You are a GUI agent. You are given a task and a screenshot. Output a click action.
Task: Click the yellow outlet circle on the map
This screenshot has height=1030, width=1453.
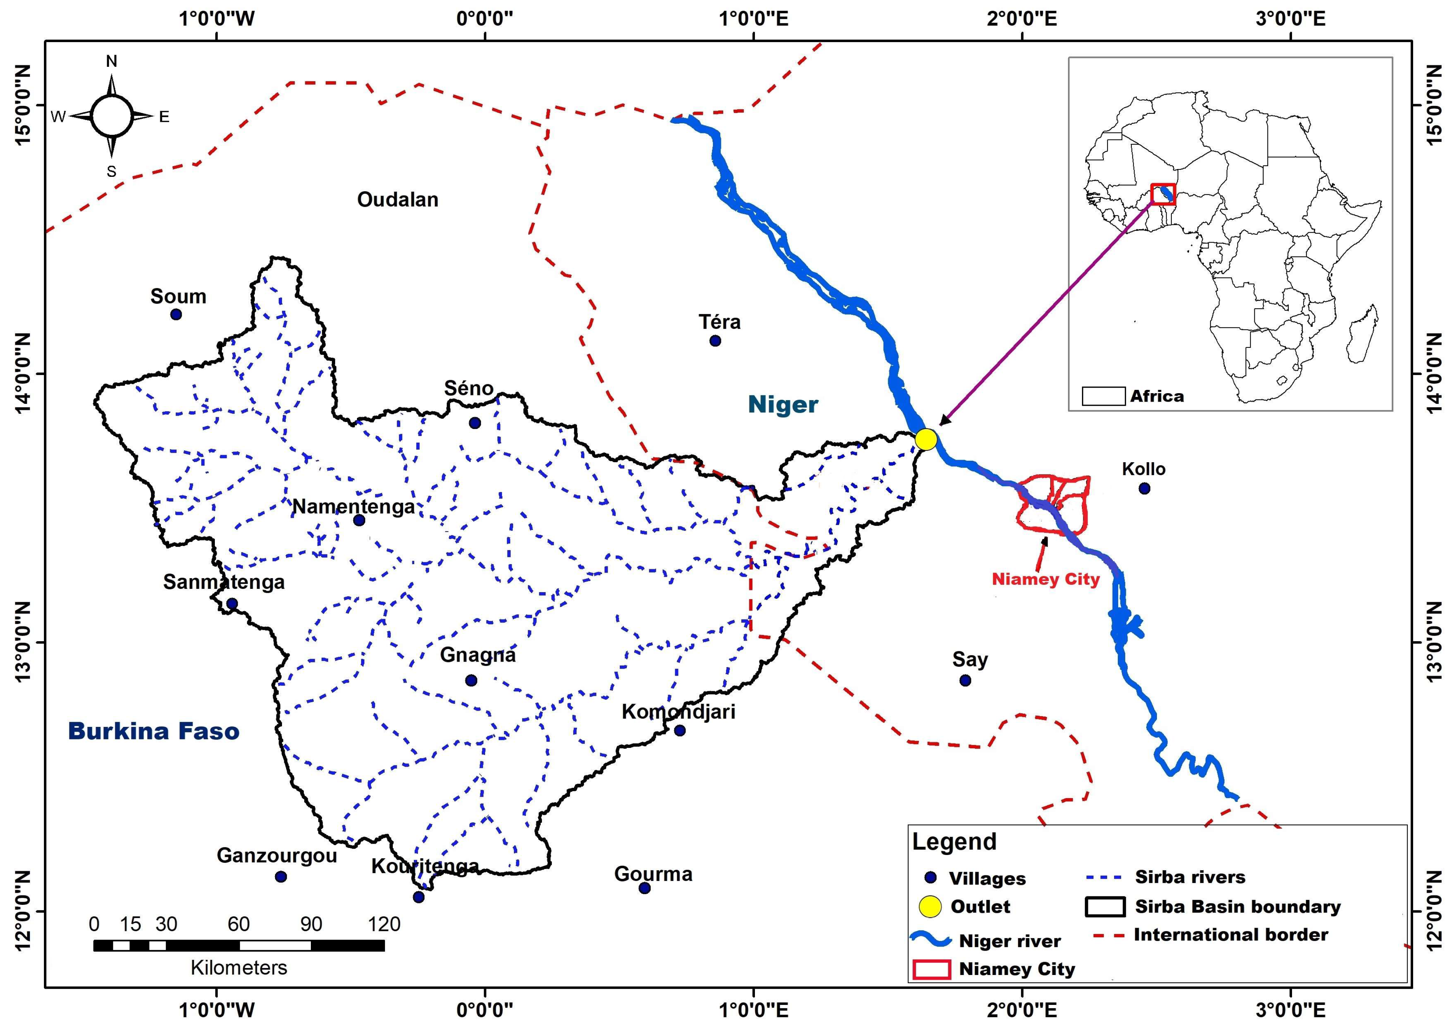pyautogui.click(x=926, y=439)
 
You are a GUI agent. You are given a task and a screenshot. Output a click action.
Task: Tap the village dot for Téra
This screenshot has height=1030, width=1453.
pyautogui.click(x=715, y=341)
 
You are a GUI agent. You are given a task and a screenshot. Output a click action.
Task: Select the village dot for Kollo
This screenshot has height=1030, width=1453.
pyautogui.click(x=1144, y=488)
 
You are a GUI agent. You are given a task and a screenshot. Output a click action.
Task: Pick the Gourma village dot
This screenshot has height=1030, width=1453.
pyautogui.click(x=645, y=888)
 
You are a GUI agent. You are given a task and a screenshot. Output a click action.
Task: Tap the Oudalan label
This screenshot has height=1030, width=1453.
pyautogui.click(x=398, y=200)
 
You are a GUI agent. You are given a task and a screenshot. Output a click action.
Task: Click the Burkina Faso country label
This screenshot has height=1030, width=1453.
pyautogui.click(x=154, y=731)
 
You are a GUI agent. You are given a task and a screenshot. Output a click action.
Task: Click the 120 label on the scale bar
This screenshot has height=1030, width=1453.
pyautogui.click(x=384, y=924)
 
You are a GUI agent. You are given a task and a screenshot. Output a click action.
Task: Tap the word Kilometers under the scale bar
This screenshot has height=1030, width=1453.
pyautogui.click(x=239, y=968)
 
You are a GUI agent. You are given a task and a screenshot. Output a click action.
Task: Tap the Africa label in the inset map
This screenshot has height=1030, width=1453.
pyautogui.click(x=1157, y=396)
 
